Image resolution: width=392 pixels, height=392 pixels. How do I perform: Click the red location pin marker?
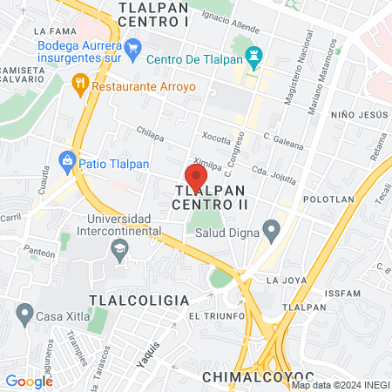coord(196,177)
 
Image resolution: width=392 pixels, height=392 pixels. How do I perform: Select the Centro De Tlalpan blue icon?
coord(254,59)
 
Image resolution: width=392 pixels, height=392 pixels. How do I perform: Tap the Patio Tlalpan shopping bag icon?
coord(67,160)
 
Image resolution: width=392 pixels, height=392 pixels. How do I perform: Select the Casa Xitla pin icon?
coord(24,312)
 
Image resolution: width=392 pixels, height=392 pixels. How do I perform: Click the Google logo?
coord(29,381)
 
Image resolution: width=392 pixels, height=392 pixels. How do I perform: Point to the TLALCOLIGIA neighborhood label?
coord(143,300)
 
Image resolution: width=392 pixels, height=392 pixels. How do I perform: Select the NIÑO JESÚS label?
coord(357,115)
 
